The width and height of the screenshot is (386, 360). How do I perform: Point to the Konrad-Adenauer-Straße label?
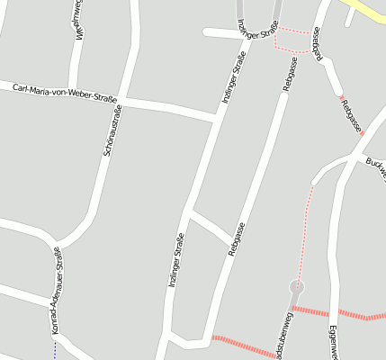click(x=57, y=290)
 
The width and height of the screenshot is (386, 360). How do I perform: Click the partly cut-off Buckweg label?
click(x=375, y=167)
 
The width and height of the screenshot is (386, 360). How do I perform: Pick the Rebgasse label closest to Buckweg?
click(x=351, y=115)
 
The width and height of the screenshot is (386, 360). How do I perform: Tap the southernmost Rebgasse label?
click(x=237, y=242)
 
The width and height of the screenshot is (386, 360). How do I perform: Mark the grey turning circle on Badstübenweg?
click(x=296, y=287)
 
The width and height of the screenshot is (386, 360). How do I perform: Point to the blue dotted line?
click(x=54, y=351)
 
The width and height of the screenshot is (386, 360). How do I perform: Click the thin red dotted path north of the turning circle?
click(x=306, y=225)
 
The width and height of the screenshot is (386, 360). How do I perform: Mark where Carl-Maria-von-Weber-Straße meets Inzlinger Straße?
click(x=217, y=116)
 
